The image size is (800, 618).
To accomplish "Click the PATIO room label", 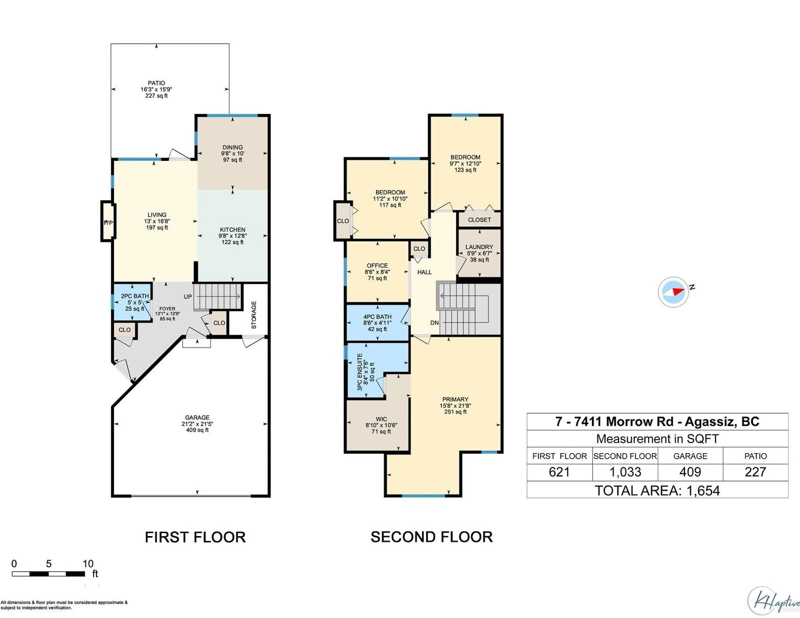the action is (156, 83).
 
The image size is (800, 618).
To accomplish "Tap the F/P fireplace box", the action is (108, 221).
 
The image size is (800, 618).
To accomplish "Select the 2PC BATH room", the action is (132, 302).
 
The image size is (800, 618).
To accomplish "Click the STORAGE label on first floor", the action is (253, 315).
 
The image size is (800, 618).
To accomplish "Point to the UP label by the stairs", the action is (188, 296).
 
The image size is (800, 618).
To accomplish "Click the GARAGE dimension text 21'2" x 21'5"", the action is (197, 424).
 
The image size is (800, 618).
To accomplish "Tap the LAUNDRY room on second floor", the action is (479, 253).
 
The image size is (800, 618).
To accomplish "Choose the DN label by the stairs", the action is (434, 323).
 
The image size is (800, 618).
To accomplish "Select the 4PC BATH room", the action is (377, 323).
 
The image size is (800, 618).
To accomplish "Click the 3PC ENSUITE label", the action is (360, 372).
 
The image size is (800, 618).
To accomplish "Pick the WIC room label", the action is (381, 419).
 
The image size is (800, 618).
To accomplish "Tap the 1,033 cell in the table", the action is (625, 472).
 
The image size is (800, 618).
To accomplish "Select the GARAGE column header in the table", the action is (690, 456).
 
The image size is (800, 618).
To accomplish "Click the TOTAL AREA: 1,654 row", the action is (657, 491).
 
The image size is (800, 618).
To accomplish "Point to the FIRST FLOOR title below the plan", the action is (195, 537).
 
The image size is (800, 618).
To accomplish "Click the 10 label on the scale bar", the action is (88, 564).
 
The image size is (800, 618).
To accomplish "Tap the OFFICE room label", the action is (377, 266).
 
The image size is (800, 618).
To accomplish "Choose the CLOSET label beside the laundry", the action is (479, 220).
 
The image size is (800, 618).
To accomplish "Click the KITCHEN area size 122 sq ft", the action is (232, 242).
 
